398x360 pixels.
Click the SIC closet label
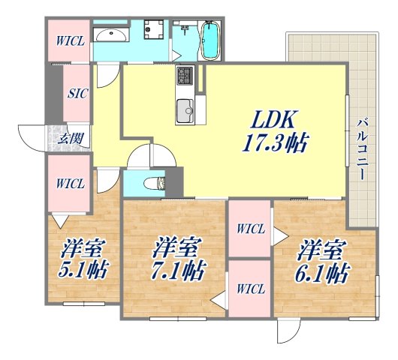tap(76, 95)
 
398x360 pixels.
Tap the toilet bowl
tap(155, 182)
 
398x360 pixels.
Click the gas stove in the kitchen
tap(185, 76)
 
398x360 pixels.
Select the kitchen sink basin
tap(185, 112)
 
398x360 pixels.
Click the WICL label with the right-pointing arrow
tap(249, 229)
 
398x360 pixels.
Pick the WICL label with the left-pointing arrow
tap(248, 287)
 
